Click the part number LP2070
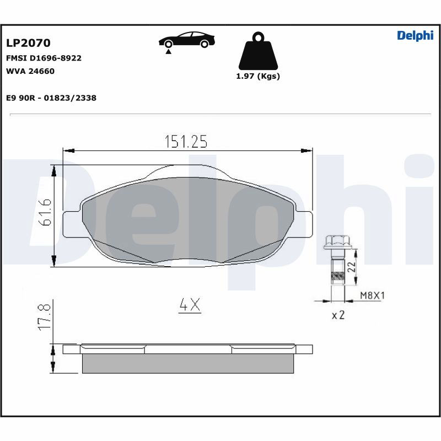click(28, 43)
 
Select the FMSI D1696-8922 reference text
click(44, 58)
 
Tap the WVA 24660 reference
click(30, 71)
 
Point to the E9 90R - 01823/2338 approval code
click(51, 98)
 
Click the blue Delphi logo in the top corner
click(415, 36)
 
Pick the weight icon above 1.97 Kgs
click(258, 51)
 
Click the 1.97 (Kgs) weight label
click(258, 76)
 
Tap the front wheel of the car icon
click(169, 45)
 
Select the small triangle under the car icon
click(169, 51)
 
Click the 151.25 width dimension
click(186, 142)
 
